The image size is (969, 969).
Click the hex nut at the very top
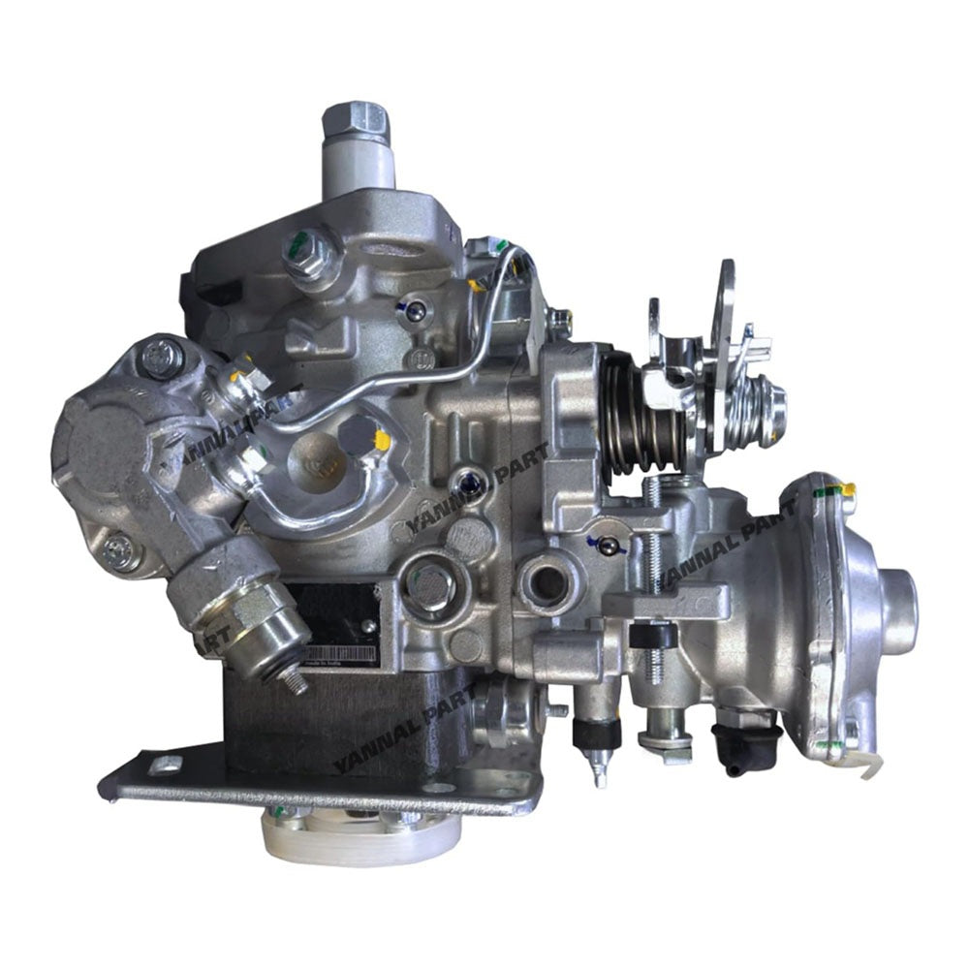click(356, 119)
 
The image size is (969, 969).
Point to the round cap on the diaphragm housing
click(899, 602)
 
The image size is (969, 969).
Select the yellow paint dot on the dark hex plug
click(383, 440)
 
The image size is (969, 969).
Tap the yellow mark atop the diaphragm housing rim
click(849, 489)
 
